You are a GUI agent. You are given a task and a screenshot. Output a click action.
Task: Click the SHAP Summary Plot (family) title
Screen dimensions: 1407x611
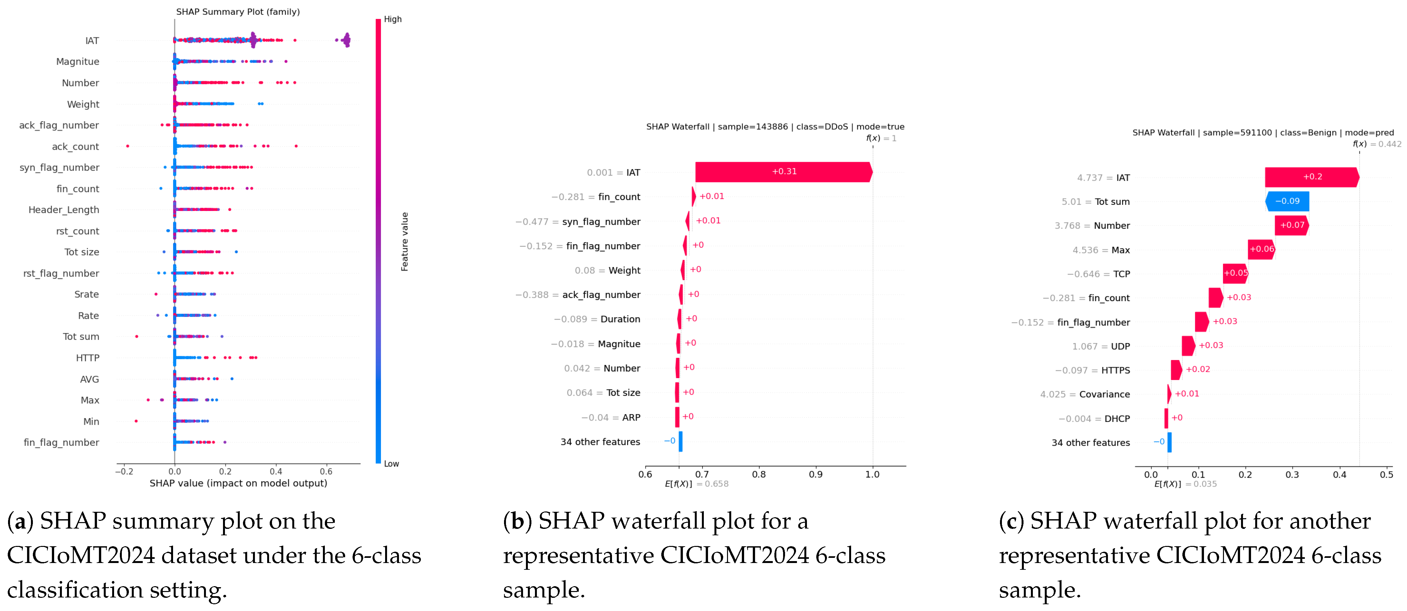[238, 12]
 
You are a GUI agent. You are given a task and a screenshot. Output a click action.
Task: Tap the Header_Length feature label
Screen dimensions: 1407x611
[64, 210]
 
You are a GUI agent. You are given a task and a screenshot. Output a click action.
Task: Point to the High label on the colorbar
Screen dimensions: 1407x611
[393, 19]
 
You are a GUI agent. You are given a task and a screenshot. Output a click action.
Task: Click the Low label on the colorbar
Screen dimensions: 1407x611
[392, 463]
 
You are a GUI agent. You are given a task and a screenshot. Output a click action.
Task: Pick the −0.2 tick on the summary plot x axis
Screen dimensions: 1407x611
[124, 471]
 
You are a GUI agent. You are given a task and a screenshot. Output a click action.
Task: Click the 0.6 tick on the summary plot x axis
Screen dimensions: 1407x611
[326, 471]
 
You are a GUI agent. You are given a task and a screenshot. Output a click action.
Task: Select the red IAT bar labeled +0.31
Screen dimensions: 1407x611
[784, 172]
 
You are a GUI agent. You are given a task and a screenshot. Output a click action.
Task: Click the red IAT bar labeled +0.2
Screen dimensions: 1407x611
[1312, 177]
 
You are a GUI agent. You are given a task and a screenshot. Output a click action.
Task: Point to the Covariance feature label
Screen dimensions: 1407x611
[1104, 394]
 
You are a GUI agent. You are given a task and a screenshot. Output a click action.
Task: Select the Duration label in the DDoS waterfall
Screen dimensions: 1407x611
[620, 319]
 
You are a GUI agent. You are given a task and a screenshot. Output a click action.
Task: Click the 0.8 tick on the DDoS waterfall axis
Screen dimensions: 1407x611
[759, 474]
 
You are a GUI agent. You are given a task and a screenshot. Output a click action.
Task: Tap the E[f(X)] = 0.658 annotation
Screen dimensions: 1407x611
[696, 484]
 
